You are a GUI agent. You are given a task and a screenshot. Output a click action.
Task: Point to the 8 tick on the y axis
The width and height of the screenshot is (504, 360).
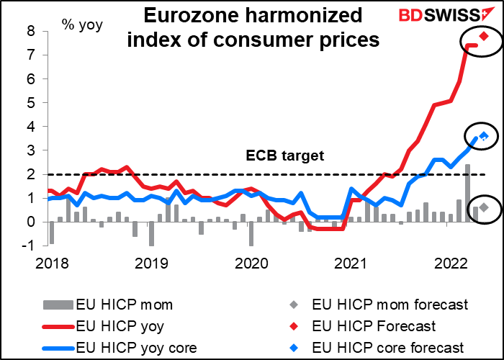[31, 31]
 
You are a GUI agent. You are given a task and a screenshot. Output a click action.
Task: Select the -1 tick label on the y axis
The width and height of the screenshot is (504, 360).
[29, 246]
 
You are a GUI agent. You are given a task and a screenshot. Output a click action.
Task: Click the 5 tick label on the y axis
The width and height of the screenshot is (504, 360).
[31, 102]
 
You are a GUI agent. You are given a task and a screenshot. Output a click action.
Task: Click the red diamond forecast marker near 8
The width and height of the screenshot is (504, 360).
[485, 36]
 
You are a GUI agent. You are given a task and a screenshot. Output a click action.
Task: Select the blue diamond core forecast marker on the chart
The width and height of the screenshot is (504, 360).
[485, 136]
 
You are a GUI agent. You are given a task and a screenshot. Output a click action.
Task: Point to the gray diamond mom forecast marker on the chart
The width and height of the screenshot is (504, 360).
[485, 207]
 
